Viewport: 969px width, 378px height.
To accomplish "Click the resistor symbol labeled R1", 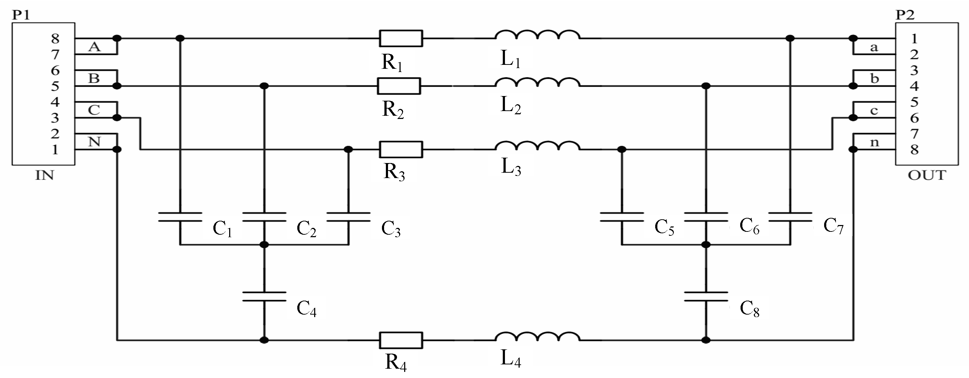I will point(401,38).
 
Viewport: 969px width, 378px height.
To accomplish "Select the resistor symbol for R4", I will point(401,340).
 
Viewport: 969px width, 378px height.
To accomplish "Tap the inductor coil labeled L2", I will point(537,83).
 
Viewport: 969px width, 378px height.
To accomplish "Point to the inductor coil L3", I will point(537,146).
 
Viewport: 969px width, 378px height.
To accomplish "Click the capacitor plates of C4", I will point(264,297).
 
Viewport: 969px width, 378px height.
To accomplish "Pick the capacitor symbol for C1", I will point(180,217).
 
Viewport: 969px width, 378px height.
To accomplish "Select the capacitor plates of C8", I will point(706,297).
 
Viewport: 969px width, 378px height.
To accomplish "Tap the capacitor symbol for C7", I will point(790,217).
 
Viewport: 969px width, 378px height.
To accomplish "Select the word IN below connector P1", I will point(44,176).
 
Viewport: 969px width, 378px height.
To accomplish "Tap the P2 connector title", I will point(905,15).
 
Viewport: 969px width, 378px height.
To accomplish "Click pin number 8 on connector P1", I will point(55,38).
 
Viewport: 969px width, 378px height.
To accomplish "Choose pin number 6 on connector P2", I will point(914,118).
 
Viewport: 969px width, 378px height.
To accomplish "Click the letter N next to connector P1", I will point(94,142).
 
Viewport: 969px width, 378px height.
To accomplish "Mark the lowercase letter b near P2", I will point(875,78).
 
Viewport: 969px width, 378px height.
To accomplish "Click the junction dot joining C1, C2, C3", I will point(264,245).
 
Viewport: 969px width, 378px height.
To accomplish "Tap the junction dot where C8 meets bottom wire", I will point(706,340).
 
